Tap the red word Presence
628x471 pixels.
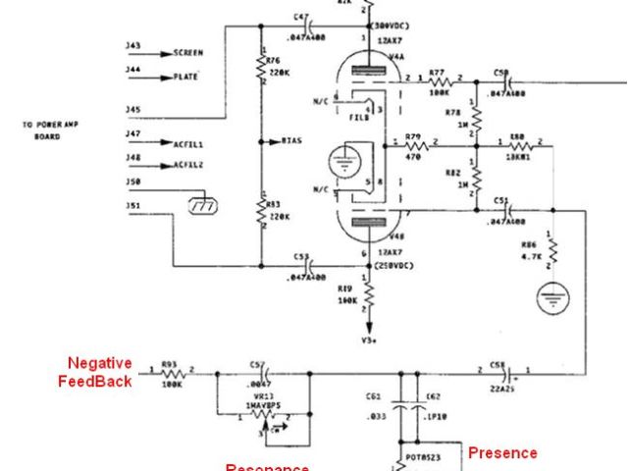tap(502, 452)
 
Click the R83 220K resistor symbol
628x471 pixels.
tap(262, 212)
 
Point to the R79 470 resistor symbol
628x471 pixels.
tap(412, 146)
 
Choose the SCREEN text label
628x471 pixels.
tap(187, 51)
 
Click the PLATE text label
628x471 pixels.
tap(185, 76)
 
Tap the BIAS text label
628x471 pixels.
tap(291, 141)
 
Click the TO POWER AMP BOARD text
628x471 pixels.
tap(47, 131)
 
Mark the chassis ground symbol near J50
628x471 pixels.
tap(203, 206)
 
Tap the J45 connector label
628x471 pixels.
tap(132, 109)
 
